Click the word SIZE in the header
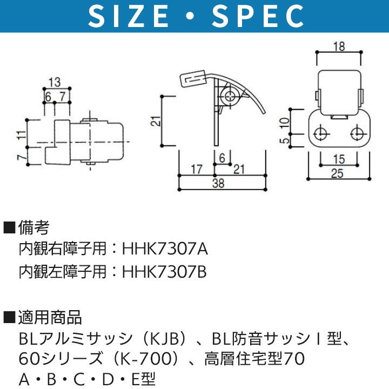[129, 16]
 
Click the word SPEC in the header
[258, 16]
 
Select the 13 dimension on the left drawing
[55, 82]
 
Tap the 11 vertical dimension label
[22, 135]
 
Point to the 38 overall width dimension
[218, 183]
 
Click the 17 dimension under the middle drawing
[197, 170]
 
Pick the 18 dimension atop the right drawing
[339, 46]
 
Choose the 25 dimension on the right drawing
[337, 173]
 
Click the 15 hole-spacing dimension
[339, 159]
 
